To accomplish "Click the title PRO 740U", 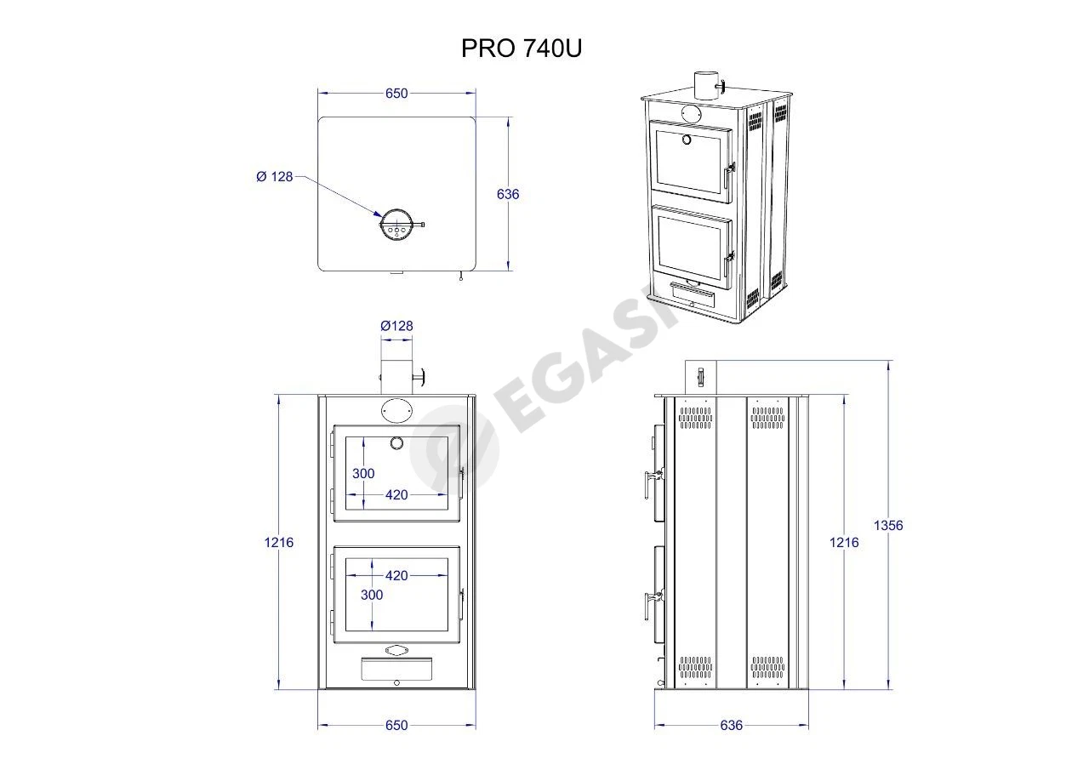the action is (x=522, y=48).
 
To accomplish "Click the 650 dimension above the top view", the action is (x=396, y=94).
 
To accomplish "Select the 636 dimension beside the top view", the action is (x=508, y=194).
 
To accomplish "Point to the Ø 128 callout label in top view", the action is (x=275, y=176).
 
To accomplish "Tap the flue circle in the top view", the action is (x=396, y=225).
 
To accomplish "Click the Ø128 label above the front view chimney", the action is (x=396, y=326).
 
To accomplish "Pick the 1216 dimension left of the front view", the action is (x=278, y=542).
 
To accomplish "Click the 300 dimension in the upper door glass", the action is (x=363, y=473).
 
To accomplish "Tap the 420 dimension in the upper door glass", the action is (x=396, y=495).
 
